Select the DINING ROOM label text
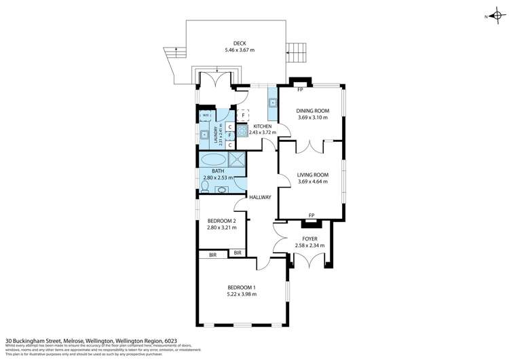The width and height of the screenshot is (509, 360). tap(312, 110)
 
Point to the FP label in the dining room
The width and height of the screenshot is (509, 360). tap(300, 89)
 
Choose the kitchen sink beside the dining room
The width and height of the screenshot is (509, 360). tap(272, 103)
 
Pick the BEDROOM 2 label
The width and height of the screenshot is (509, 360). tap(221, 221)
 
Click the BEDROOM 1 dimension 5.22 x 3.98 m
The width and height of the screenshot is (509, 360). tap(241, 294)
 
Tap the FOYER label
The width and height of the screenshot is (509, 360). tap(310, 238)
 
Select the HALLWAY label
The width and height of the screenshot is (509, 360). tap(260, 198)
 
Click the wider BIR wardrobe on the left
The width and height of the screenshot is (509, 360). tap(212, 255)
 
